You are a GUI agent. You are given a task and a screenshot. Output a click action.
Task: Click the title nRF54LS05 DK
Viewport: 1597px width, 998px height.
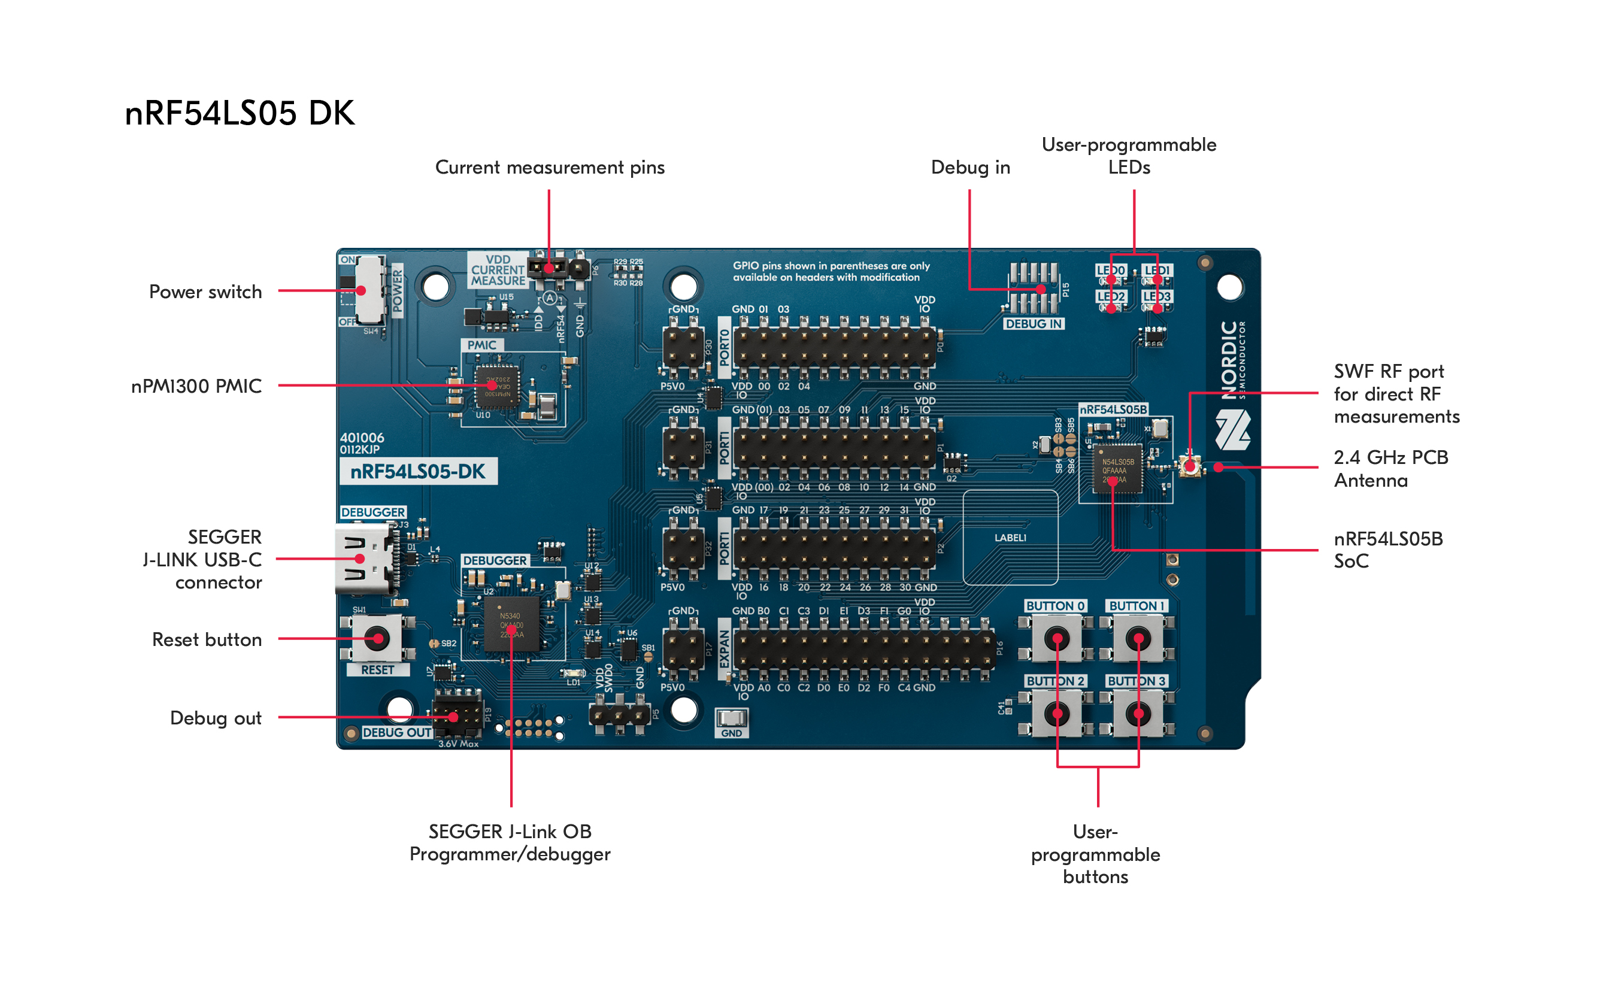(x=240, y=113)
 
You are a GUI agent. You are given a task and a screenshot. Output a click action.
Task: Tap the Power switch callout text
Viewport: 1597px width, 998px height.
(x=205, y=292)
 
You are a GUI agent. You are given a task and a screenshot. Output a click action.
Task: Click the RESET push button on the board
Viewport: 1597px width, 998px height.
(x=377, y=639)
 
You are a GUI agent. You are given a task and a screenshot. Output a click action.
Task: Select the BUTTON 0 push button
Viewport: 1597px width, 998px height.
(x=1056, y=638)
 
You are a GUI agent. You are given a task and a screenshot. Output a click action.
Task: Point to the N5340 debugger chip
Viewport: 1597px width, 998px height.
(x=511, y=624)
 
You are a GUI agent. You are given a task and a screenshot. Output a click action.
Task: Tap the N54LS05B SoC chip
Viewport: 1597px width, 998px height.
(x=1117, y=469)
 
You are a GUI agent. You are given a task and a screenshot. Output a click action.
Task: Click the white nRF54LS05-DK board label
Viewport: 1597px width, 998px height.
(x=418, y=471)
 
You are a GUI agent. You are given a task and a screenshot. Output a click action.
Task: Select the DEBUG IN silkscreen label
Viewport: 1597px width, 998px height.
(x=1033, y=324)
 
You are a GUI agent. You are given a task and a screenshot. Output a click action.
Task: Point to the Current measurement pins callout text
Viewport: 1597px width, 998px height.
(x=549, y=168)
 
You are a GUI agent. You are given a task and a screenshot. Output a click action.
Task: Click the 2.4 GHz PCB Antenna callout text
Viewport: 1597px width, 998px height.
(x=1390, y=469)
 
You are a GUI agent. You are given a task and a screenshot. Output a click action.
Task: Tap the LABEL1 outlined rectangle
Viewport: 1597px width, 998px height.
(x=1010, y=537)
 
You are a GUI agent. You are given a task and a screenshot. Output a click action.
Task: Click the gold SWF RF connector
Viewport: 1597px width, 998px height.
(x=1190, y=466)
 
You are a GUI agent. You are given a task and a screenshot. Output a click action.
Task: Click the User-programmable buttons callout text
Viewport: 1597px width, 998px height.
(x=1095, y=854)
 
